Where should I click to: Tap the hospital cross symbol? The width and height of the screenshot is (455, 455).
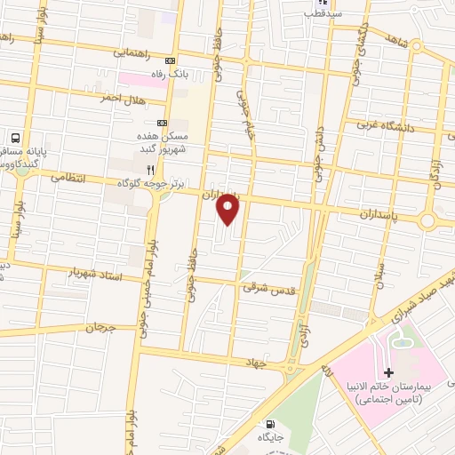[388, 371]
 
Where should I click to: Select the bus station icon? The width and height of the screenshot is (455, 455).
[15, 139]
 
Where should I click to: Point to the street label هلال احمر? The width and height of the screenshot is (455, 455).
[122, 100]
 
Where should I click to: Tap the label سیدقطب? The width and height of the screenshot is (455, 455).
[321, 13]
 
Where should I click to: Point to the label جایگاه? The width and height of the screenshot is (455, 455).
[270, 437]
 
